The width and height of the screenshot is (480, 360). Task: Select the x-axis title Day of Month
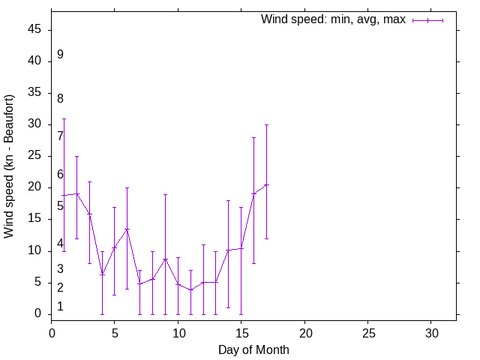tap(253, 349)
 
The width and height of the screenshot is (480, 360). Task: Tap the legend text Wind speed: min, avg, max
tap(333, 19)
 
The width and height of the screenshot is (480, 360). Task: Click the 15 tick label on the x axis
tap(241, 332)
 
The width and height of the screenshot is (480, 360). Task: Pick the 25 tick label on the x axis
tap(368, 332)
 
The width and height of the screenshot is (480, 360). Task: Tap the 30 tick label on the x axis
tap(431, 332)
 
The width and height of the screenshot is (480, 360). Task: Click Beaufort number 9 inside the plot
tap(60, 55)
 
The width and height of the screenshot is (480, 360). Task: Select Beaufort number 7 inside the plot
tap(60, 136)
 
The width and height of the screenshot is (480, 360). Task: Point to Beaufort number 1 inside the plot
tap(60, 307)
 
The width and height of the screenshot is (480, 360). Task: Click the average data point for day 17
tap(266, 184)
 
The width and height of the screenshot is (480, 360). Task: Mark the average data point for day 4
tap(102, 274)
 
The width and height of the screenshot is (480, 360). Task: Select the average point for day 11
tap(190, 289)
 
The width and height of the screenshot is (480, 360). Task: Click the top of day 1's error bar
tap(64, 118)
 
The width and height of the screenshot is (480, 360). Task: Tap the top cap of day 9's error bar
tap(165, 194)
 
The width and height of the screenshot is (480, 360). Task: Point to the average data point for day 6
tap(127, 229)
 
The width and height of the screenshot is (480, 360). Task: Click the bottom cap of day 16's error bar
tap(253, 263)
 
